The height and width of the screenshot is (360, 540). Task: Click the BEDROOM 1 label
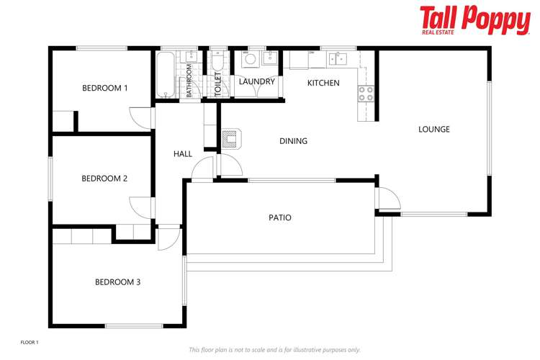104,88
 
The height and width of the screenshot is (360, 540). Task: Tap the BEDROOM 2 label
104,178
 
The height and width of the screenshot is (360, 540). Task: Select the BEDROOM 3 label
117,282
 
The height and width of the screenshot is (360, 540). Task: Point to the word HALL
182,154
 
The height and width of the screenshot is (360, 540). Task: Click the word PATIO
279,217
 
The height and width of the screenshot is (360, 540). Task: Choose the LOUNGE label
433,130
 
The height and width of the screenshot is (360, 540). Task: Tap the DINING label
293,141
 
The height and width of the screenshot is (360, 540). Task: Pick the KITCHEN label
323,83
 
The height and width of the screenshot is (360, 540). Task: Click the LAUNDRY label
257,82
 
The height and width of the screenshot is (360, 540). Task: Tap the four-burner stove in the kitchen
366,92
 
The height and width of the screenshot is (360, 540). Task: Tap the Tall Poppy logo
474,19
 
